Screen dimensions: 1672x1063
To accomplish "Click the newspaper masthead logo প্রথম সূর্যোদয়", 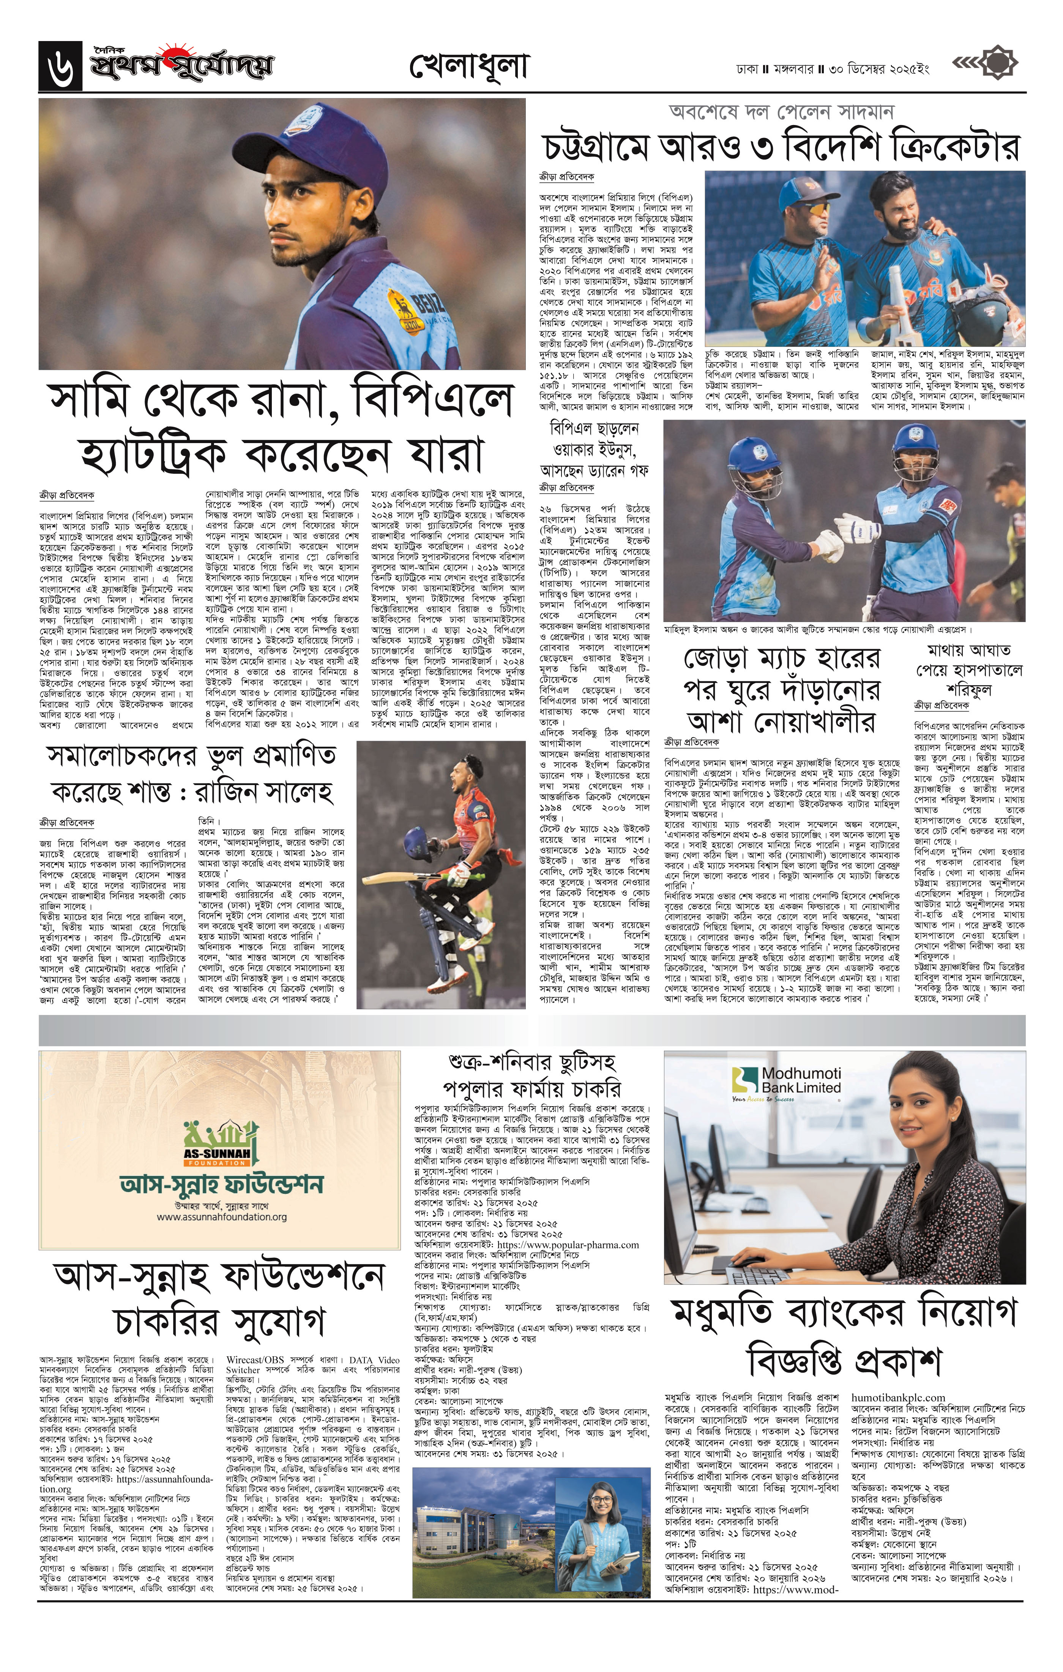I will pos(180,66).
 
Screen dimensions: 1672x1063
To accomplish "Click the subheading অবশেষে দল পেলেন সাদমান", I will pos(781,112).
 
